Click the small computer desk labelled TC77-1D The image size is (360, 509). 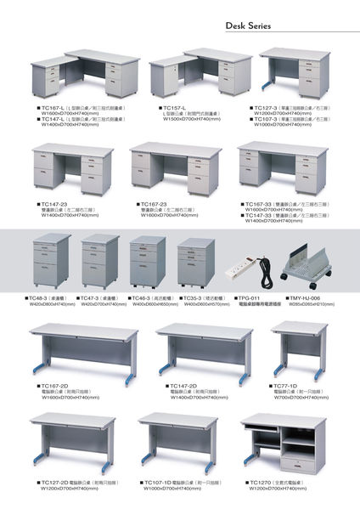click(299, 353)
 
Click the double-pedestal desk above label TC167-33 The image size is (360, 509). click(284, 170)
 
